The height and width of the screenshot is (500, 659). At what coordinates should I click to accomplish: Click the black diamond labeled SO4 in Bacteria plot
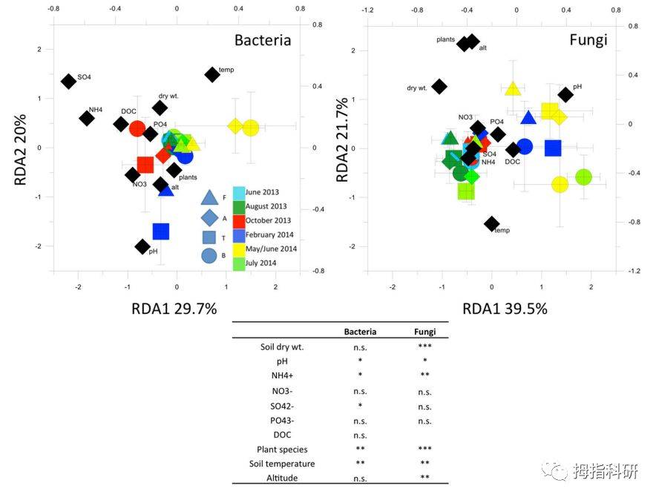(x=68, y=81)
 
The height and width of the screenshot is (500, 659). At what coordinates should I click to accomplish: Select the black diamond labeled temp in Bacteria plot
(x=212, y=74)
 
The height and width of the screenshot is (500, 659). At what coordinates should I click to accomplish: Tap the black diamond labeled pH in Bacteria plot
(x=143, y=246)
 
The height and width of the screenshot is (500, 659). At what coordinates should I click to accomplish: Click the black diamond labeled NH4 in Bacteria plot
(x=87, y=118)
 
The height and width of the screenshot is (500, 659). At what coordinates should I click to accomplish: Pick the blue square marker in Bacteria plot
(x=161, y=231)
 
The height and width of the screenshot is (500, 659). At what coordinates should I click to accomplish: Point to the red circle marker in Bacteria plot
(x=137, y=128)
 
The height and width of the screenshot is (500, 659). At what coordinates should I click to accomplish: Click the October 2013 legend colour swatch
(x=239, y=220)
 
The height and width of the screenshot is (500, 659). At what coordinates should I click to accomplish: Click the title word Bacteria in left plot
(x=263, y=40)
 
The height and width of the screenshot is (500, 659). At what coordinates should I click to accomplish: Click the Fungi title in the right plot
(x=588, y=39)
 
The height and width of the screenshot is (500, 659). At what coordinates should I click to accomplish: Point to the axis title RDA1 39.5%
(x=505, y=309)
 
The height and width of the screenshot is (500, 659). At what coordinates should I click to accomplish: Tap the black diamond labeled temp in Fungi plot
(x=491, y=223)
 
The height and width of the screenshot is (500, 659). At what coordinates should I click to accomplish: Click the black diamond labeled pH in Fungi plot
(x=565, y=94)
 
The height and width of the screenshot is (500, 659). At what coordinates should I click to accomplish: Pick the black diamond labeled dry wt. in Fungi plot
(x=439, y=86)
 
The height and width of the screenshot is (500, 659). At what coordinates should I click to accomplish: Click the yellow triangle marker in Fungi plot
(x=512, y=89)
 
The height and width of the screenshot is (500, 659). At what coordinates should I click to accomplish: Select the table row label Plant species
(x=282, y=449)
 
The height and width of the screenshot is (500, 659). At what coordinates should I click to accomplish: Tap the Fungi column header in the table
(x=424, y=332)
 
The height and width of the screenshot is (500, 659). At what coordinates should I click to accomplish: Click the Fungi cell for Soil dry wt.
(x=424, y=346)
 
